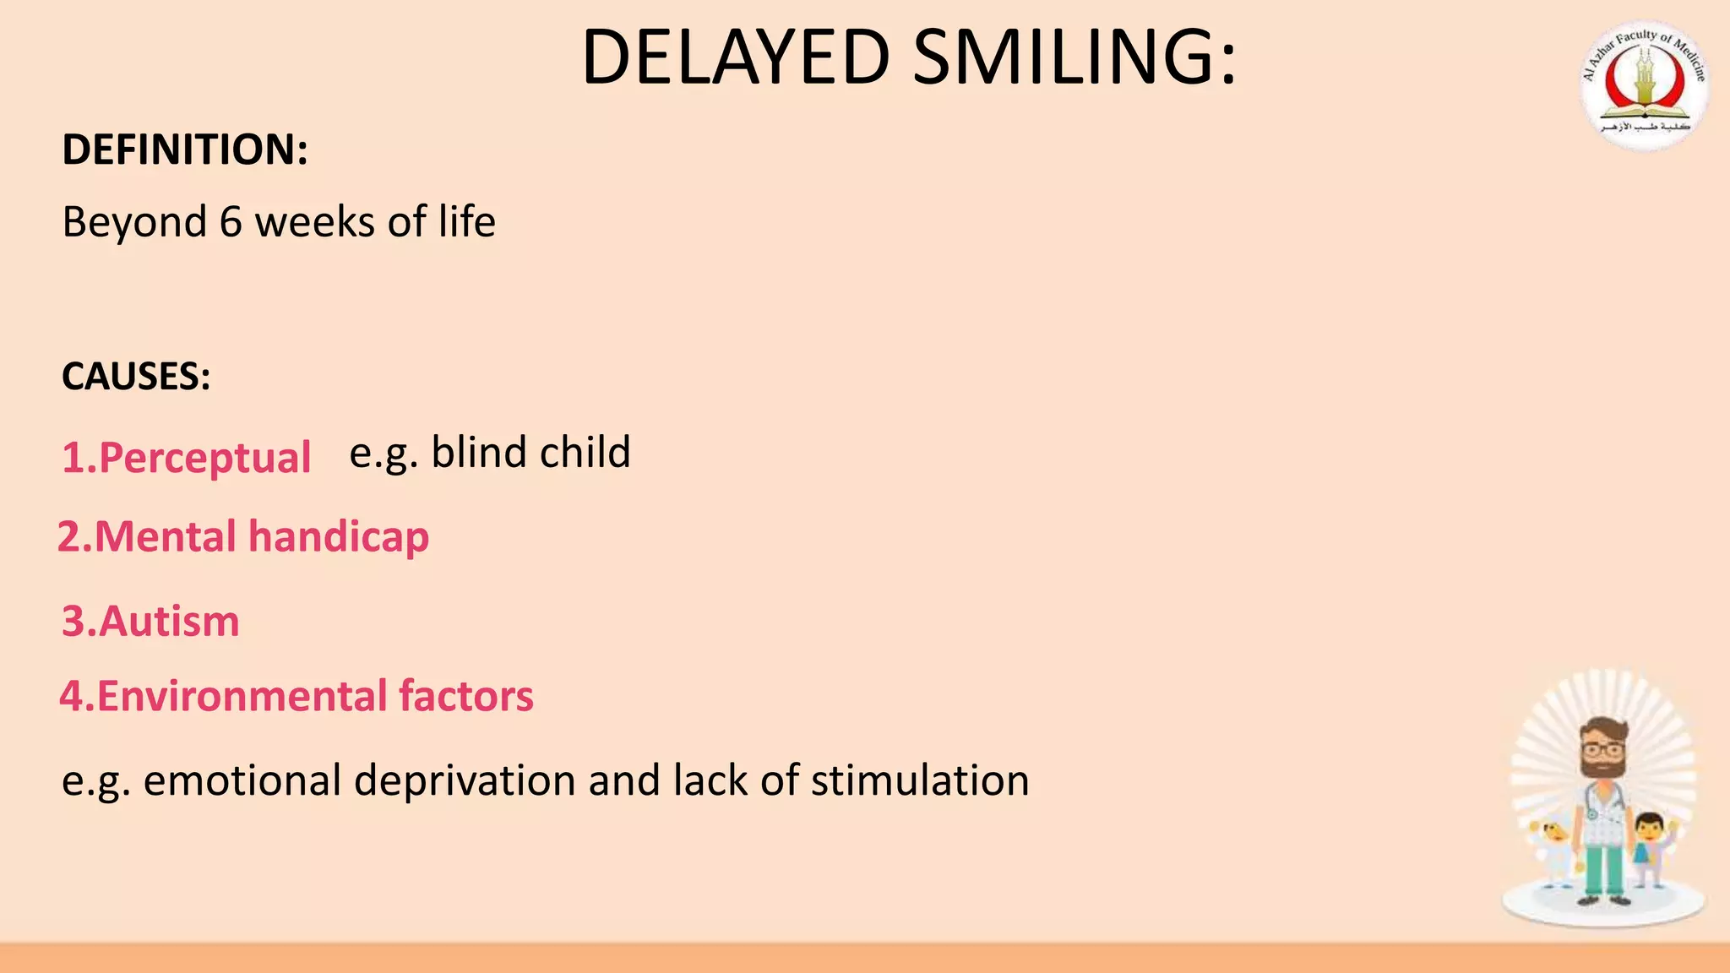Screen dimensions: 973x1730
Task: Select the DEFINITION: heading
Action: point(185,149)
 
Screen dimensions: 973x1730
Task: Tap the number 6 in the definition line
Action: point(231,223)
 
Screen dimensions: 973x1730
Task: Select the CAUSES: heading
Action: point(136,377)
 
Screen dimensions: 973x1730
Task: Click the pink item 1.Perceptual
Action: point(187,458)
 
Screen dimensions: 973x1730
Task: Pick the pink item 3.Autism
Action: point(150,622)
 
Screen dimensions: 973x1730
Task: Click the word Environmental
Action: point(242,697)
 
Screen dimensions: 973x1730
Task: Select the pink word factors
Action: point(466,697)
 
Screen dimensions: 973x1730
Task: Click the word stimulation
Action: point(920,780)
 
